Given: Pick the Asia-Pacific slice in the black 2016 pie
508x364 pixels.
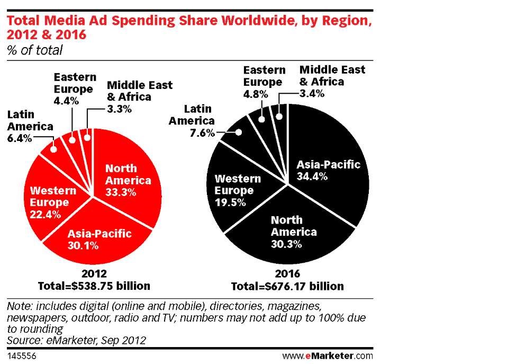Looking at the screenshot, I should tap(328, 170).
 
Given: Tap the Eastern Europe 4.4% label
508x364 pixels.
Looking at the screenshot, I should tap(74, 88).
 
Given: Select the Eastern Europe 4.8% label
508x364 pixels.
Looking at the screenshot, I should tap(264, 82).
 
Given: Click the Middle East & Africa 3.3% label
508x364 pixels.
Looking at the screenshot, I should tap(139, 96).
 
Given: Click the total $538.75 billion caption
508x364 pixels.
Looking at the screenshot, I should tap(94, 286).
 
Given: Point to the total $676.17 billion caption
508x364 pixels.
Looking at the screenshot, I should tap(287, 286).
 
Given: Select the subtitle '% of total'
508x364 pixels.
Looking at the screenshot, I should tap(34, 50).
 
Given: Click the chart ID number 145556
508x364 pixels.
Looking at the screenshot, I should tap(19, 355).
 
